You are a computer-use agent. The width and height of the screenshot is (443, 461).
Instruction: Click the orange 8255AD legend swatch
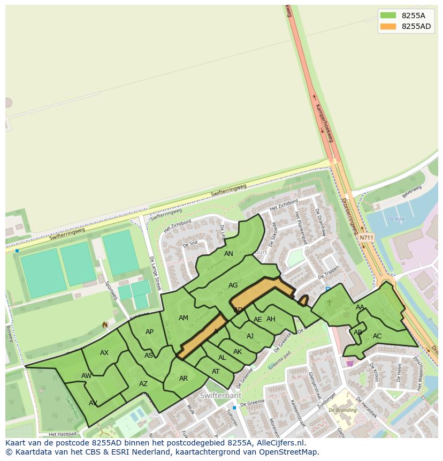click(x=388, y=26)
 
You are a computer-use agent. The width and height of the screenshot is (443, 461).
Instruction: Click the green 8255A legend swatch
click(x=388, y=16)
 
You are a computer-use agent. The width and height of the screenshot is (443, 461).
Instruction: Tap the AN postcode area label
click(x=228, y=254)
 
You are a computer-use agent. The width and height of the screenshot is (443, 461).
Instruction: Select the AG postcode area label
click(x=233, y=285)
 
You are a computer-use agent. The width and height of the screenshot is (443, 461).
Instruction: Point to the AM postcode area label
click(x=184, y=318)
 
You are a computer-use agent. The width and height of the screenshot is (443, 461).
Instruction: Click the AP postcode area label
click(x=149, y=332)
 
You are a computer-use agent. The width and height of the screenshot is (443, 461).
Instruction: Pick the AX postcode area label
click(x=104, y=353)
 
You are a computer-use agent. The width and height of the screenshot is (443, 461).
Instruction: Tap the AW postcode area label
click(x=86, y=376)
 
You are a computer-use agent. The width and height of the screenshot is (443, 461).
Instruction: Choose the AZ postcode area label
click(x=143, y=384)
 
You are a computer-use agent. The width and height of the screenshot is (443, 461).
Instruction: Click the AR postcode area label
click(x=184, y=379)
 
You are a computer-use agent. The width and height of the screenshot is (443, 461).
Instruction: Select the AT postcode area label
click(x=216, y=372)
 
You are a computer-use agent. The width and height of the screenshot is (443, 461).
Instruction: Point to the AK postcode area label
click(x=238, y=352)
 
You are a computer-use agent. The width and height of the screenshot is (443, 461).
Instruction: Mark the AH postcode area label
click(x=271, y=319)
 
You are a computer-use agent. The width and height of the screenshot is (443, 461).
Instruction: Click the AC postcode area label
click(x=377, y=336)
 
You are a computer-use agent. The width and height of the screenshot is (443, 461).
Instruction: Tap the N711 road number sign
click(x=366, y=238)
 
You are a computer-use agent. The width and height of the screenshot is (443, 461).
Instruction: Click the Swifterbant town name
click(x=220, y=396)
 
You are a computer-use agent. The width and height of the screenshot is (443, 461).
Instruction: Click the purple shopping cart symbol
click(x=350, y=363)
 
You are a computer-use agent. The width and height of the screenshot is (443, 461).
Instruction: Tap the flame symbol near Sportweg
click(x=105, y=325)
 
